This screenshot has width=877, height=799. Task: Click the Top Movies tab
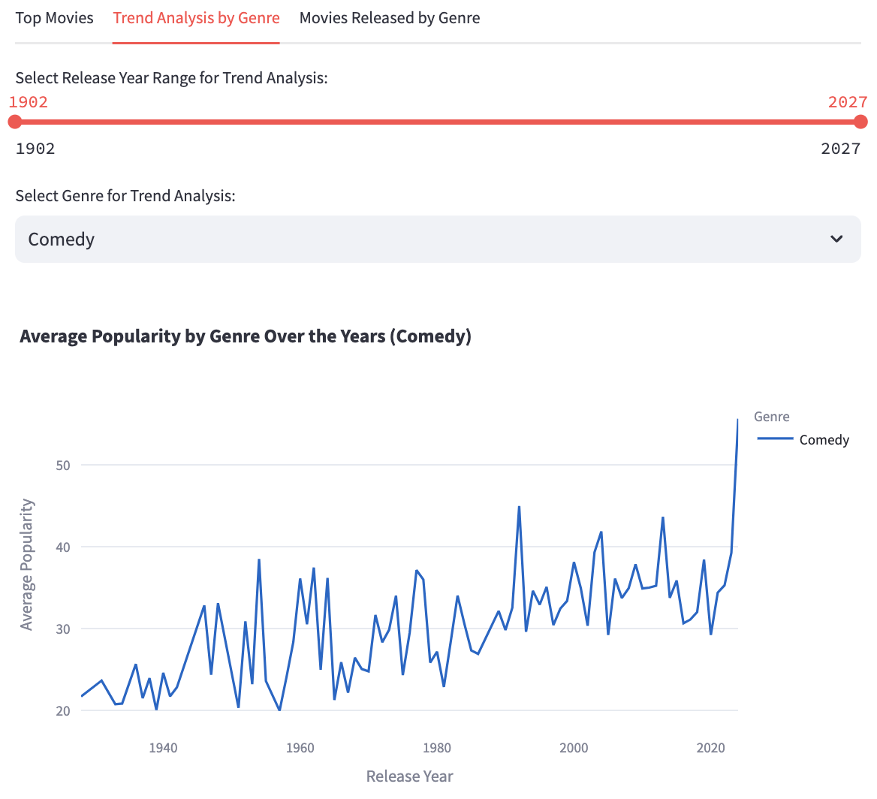click(54, 18)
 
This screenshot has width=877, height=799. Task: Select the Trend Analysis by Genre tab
click(196, 18)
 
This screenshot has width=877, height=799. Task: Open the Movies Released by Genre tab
click(389, 18)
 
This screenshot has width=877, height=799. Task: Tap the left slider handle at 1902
click(15, 122)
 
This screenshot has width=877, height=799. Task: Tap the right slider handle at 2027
click(860, 122)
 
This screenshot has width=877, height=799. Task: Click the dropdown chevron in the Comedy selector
click(836, 240)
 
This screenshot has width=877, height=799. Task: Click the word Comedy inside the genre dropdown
click(62, 240)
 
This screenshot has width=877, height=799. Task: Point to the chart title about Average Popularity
click(246, 336)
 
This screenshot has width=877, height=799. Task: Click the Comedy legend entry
click(824, 440)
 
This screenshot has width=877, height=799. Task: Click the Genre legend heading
click(771, 417)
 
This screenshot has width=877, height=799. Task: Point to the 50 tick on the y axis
click(62, 466)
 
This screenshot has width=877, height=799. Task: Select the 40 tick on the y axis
click(62, 547)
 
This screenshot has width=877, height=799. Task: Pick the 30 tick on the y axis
click(62, 629)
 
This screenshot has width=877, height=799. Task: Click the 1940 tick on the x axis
click(163, 748)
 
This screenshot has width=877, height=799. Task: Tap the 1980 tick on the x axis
click(437, 748)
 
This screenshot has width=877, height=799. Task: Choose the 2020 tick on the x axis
click(710, 748)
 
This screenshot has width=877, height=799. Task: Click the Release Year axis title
click(409, 776)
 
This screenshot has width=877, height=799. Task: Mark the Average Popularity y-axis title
click(27, 564)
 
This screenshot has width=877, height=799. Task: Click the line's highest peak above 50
click(737, 421)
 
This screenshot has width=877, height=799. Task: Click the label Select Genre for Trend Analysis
click(125, 196)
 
